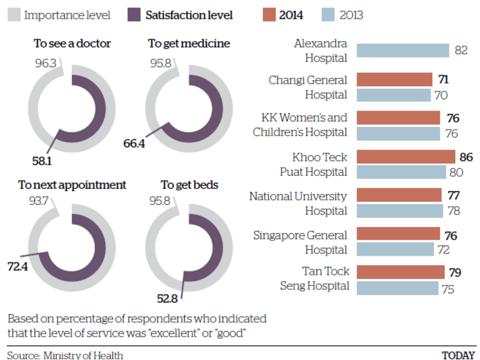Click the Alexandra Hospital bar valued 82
(x=403, y=50)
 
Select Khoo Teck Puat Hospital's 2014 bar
(x=406, y=156)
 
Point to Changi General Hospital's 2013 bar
(x=394, y=95)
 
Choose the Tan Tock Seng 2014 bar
(x=400, y=272)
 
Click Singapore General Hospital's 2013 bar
(x=395, y=249)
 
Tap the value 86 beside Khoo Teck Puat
(x=466, y=157)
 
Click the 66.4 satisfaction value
(x=134, y=142)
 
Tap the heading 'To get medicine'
(x=189, y=43)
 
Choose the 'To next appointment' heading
(x=72, y=185)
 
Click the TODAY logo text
(x=458, y=355)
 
